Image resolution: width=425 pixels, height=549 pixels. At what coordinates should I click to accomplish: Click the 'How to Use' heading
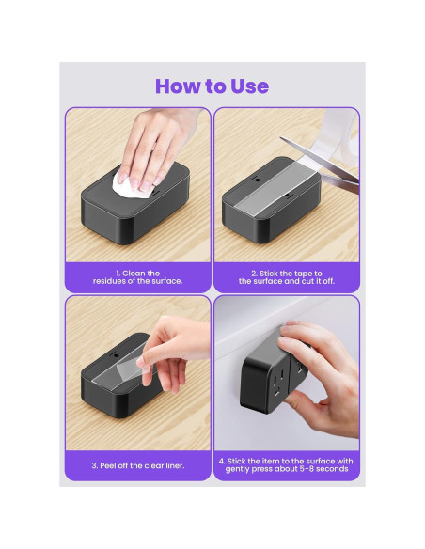tap(212, 86)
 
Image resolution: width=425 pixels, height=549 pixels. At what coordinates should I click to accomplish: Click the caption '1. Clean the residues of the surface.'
tap(138, 277)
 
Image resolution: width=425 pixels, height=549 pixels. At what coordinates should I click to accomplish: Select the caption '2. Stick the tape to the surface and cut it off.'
tap(287, 277)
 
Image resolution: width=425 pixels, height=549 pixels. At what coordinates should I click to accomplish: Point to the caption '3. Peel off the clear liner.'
tap(138, 465)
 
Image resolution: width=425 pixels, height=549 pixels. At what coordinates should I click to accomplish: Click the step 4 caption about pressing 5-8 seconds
tap(287, 465)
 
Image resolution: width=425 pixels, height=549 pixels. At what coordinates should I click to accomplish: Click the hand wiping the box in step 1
tap(159, 147)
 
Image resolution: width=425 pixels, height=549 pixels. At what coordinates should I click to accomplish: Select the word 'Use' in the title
tap(249, 86)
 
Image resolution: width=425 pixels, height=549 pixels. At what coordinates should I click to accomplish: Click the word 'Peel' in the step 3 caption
tap(108, 465)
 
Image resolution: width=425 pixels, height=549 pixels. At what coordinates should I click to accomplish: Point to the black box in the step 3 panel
tap(120, 376)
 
